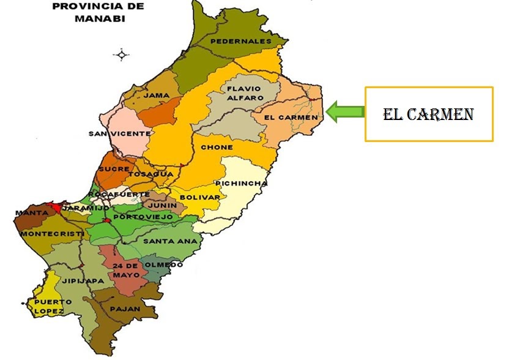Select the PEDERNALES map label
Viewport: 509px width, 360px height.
(x=240, y=41)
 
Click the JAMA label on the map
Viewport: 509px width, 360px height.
(x=156, y=95)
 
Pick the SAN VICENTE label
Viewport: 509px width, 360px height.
(x=119, y=133)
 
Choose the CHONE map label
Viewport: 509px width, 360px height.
(x=217, y=148)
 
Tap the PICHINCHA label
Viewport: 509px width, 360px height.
(x=241, y=184)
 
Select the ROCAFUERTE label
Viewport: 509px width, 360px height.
(x=119, y=194)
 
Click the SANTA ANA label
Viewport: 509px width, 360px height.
(x=170, y=241)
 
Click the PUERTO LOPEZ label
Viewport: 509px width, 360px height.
(x=49, y=307)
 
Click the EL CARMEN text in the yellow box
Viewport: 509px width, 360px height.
(x=428, y=114)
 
